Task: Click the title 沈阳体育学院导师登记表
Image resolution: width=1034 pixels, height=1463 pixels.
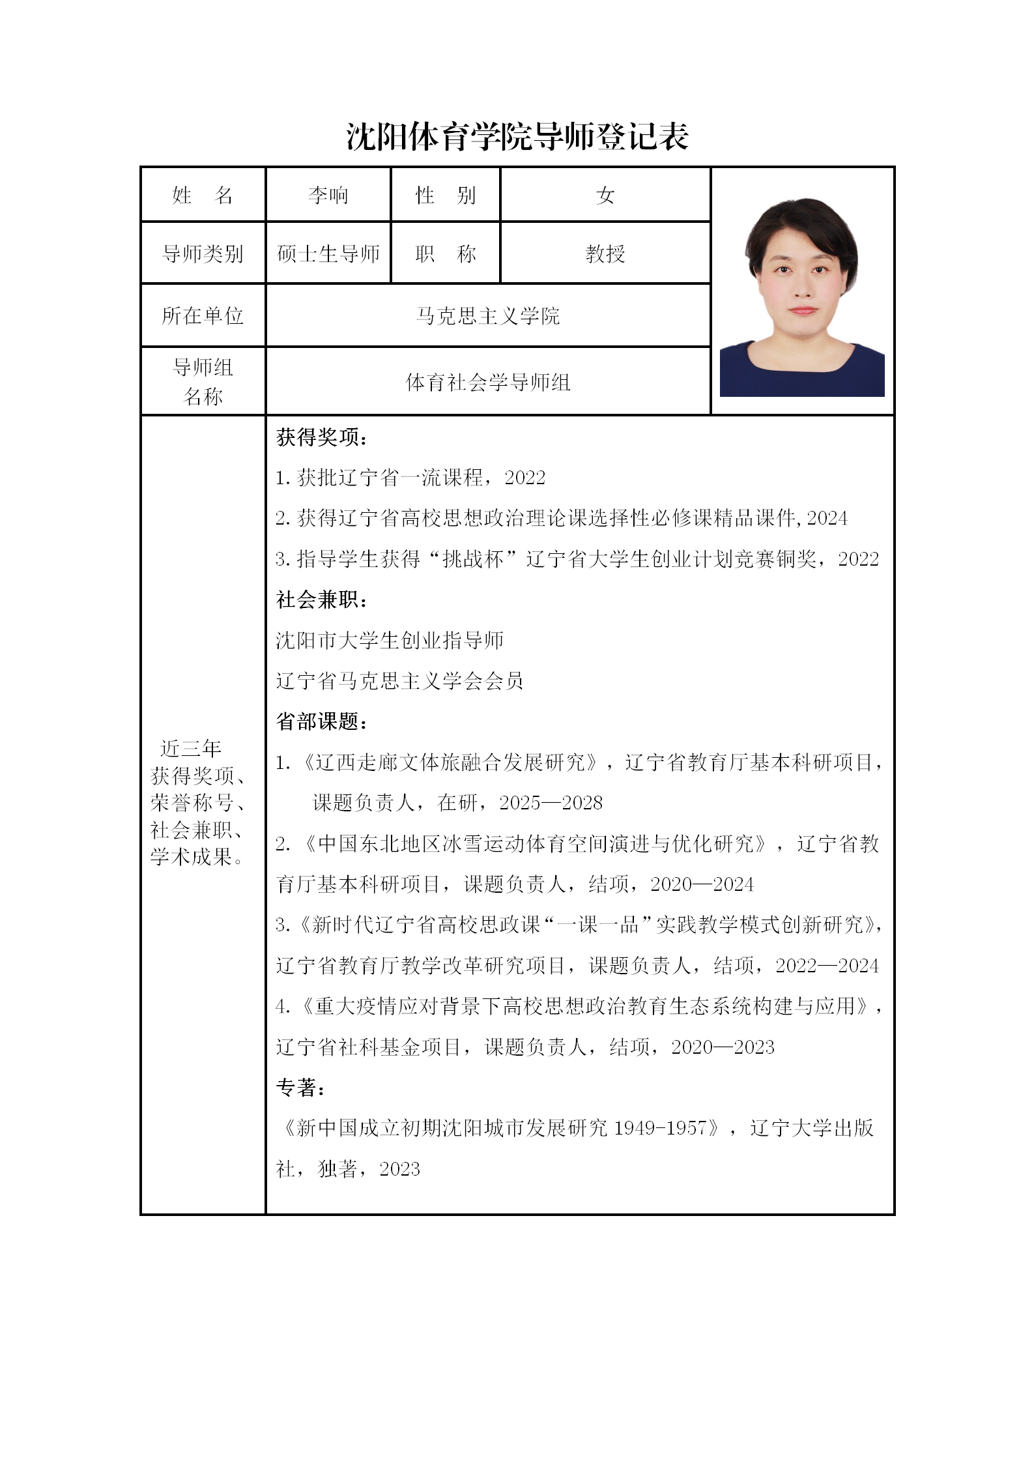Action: pyautogui.click(x=517, y=137)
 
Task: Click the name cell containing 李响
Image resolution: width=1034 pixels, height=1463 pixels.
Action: pyautogui.click(x=328, y=195)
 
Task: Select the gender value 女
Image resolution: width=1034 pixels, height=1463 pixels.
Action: pyautogui.click(x=605, y=195)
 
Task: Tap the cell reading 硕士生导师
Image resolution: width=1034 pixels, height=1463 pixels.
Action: pyautogui.click(x=328, y=253)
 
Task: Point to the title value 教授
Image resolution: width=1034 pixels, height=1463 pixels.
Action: pyautogui.click(x=605, y=253)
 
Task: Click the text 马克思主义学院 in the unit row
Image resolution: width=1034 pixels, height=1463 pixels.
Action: pyautogui.click(x=487, y=316)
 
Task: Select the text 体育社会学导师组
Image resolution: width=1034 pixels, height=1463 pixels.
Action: pyautogui.click(x=487, y=382)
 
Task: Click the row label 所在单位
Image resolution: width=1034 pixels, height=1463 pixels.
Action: pyautogui.click(x=203, y=316)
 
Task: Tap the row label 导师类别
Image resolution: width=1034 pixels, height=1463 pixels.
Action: pyautogui.click(x=203, y=253)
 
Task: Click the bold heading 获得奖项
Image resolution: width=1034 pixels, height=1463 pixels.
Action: pyautogui.click(x=321, y=437)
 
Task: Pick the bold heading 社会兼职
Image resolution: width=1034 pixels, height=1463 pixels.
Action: pyautogui.click(x=321, y=600)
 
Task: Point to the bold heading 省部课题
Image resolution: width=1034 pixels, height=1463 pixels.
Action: pyautogui.click(x=321, y=721)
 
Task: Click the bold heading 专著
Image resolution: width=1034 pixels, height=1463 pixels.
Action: pyautogui.click(x=300, y=1088)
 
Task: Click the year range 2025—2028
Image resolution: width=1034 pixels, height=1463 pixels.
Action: pyautogui.click(x=551, y=803)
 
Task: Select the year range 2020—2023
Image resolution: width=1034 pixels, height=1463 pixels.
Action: pyautogui.click(x=723, y=1047)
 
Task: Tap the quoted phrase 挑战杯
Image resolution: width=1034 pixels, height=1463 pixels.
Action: pyautogui.click(x=473, y=559)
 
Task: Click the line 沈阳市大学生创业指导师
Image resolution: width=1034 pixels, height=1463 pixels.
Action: pyautogui.click(x=390, y=641)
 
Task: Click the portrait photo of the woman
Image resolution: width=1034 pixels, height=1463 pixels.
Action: pyautogui.click(x=802, y=297)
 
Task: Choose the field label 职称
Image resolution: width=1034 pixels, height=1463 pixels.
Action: pyautogui.click(x=446, y=253)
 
